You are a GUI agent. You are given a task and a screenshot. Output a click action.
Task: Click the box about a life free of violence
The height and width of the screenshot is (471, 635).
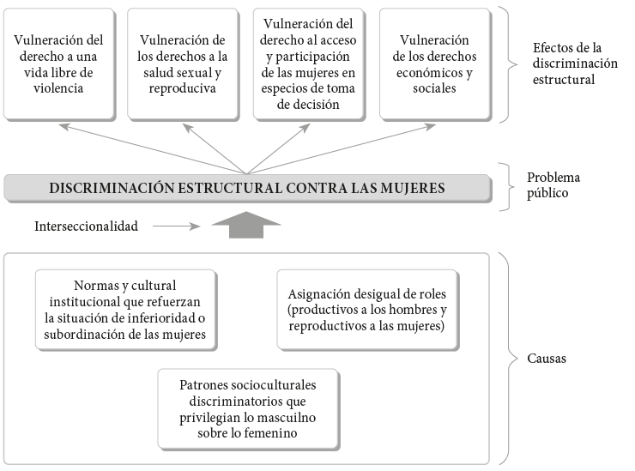click(x=59, y=64)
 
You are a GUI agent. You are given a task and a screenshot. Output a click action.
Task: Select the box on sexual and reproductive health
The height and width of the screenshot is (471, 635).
click(x=183, y=64)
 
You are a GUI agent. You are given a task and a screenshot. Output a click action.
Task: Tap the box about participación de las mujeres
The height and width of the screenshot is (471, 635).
click(x=309, y=64)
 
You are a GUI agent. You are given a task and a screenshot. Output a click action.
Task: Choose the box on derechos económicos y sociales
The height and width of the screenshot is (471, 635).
click(x=435, y=64)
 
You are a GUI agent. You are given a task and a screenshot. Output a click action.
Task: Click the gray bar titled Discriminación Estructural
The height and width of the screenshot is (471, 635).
click(x=248, y=189)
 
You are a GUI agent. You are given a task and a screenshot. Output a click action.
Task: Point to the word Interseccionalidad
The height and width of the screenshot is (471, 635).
click(x=87, y=226)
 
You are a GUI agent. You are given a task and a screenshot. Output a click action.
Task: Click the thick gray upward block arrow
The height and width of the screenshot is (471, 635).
click(x=246, y=225)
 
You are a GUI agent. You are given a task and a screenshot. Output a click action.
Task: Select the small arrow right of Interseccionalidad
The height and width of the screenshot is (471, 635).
click(x=177, y=226)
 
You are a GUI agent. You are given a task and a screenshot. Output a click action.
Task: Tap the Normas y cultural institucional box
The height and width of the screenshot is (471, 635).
click(x=126, y=310)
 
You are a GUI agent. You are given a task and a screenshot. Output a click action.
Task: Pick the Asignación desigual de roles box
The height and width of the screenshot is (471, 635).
click(x=368, y=310)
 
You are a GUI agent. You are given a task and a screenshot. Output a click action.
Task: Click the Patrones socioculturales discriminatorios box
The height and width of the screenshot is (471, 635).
click(x=249, y=409)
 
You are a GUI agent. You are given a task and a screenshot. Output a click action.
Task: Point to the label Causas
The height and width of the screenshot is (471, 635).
click(x=547, y=359)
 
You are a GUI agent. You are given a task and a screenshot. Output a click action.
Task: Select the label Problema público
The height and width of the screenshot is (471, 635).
click(x=553, y=185)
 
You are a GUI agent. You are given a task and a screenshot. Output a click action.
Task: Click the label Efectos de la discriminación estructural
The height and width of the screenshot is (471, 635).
click(x=575, y=63)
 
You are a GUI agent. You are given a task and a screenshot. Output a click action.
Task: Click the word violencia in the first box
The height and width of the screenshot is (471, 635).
click(x=58, y=88)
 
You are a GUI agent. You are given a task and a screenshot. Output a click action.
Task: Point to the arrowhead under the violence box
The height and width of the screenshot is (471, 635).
click(x=64, y=127)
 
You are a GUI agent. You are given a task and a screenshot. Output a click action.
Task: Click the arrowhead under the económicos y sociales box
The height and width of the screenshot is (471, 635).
click(x=430, y=127)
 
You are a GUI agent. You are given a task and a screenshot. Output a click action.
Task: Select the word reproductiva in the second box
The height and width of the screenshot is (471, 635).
click(x=182, y=88)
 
